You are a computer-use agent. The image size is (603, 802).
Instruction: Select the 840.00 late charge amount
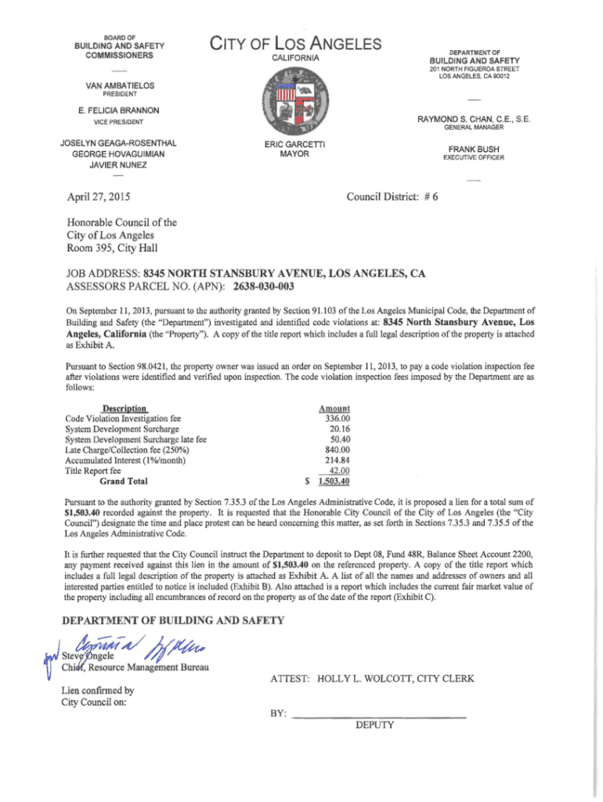point(336,450)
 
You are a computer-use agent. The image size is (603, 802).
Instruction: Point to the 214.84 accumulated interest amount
point(336,461)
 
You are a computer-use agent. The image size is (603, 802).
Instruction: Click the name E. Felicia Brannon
point(120,110)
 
